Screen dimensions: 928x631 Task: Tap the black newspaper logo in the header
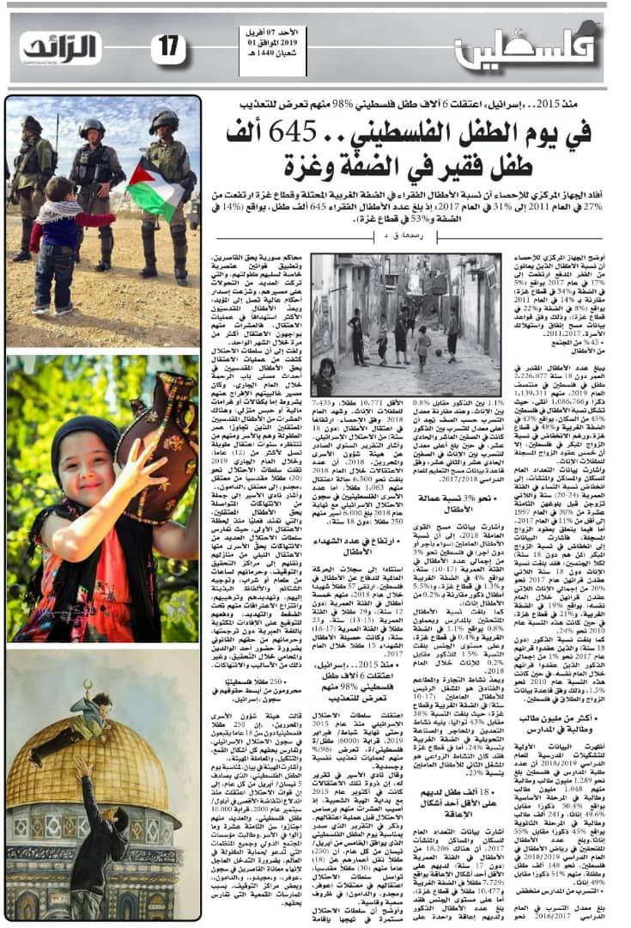60,48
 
